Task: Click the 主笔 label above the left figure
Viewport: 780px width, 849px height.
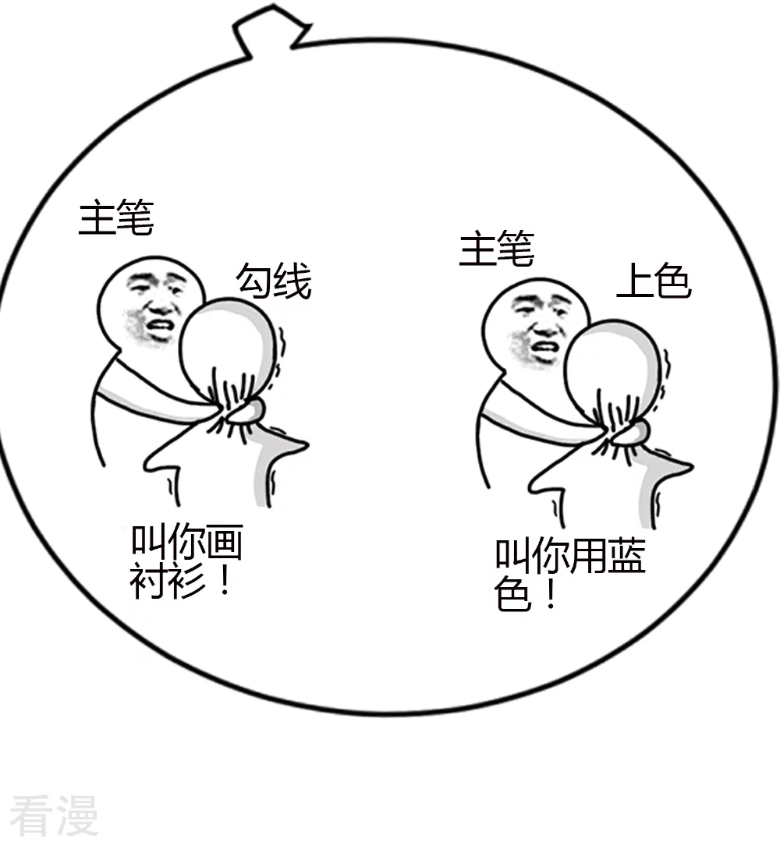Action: pos(116,218)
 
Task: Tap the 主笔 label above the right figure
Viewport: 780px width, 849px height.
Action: pos(497,248)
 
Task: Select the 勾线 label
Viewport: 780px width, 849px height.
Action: pos(274,281)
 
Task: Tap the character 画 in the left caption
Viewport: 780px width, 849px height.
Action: pos(225,542)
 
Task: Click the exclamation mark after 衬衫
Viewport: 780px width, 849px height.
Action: pos(225,580)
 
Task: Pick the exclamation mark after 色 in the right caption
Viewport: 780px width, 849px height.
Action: pos(551,594)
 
